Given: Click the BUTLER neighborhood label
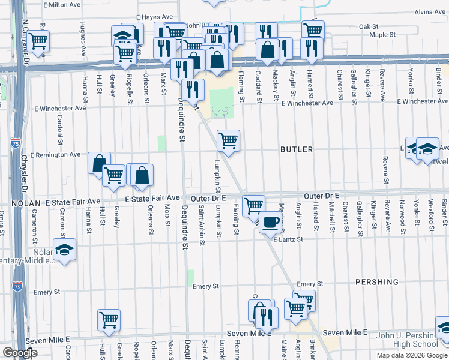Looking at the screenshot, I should [x=296, y=149].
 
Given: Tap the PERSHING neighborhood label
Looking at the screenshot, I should [x=376, y=281].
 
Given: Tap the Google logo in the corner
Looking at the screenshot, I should [x=20, y=353].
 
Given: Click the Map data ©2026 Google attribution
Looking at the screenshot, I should [x=412, y=355].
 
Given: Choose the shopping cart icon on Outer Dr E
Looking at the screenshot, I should [x=253, y=205].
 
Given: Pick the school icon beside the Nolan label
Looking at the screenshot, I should [x=64, y=251].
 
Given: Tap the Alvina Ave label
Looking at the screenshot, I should [x=429, y=11].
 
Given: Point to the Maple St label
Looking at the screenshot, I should [x=382, y=35].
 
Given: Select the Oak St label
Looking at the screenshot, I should [x=368, y=27].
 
